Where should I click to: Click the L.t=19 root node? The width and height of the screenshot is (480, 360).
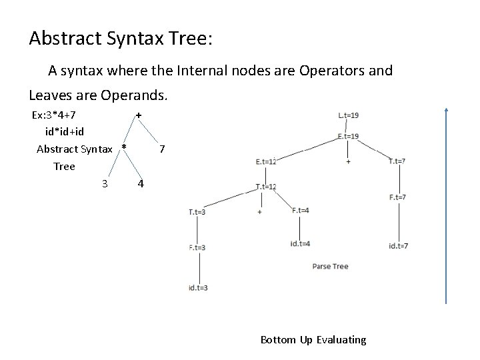click(x=349, y=115)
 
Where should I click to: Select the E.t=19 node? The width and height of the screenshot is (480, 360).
click(x=349, y=136)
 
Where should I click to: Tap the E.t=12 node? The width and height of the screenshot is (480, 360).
click(x=265, y=161)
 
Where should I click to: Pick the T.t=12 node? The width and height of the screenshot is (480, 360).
click(x=265, y=187)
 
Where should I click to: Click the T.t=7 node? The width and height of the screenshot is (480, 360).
click(x=397, y=161)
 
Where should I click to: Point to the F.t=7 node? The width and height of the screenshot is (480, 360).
click(x=397, y=197)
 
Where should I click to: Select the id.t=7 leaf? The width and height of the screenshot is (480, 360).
click(x=398, y=246)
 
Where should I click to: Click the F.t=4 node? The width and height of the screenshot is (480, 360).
click(x=300, y=211)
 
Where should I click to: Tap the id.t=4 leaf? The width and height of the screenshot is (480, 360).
click(x=300, y=243)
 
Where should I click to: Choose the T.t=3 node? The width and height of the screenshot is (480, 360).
click(x=197, y=212)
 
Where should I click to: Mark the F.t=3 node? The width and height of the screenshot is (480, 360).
click(x=197, y=247)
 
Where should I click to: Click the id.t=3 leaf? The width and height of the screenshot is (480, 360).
click(x=198, y=287)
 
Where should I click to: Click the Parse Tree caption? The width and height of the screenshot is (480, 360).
click(x=330, y=267)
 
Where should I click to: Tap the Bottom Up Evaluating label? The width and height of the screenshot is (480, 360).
click(x=313, y=340)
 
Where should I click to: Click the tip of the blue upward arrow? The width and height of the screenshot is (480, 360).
click(x=446, y=108)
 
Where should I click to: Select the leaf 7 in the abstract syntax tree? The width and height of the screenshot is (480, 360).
click(x=163, y=148)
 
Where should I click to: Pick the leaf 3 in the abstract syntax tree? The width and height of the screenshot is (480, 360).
click(x=105, y=183)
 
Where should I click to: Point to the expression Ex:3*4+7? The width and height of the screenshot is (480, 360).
click(x=59, y=115)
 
